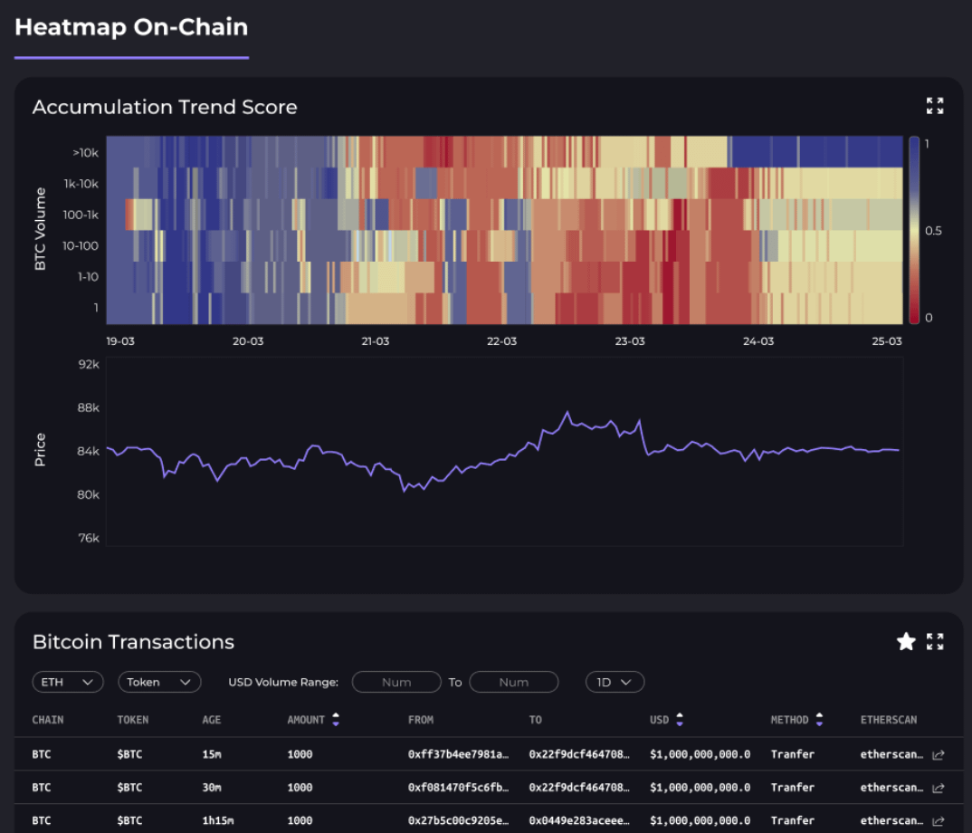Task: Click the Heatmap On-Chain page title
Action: (131, 27)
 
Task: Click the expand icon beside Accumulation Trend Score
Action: (935, 106)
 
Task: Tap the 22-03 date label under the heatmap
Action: (501, 341)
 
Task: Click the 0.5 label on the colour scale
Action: (933, 230)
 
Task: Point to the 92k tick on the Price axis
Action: (88, 364)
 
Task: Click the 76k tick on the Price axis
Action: (88, 538)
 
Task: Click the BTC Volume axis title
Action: (40, 229)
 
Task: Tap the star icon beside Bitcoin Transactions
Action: (906, 642)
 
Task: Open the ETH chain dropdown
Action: (67, 682)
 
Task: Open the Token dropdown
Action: (159, 682)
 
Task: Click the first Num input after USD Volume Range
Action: (396, 682)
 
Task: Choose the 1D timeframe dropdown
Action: (615, 682)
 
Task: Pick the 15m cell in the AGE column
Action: (212, 754)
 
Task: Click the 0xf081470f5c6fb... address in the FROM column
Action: (458, 788)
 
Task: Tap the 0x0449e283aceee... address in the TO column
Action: (579, 821)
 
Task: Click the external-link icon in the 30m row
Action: (939, 788)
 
